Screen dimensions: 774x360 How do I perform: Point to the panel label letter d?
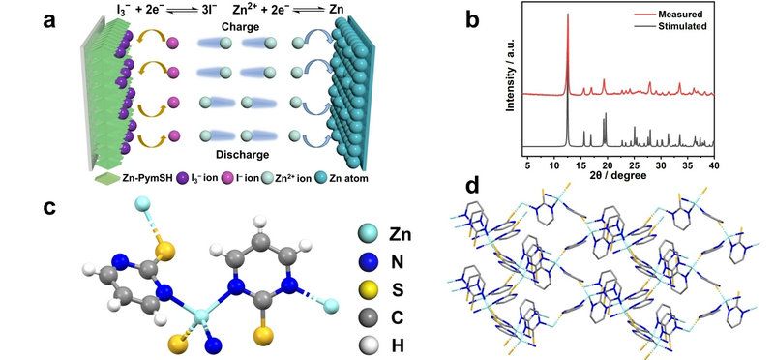(473, 186)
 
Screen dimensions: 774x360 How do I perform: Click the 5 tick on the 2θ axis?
(527, 164)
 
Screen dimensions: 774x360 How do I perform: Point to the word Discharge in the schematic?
(242, 155)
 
